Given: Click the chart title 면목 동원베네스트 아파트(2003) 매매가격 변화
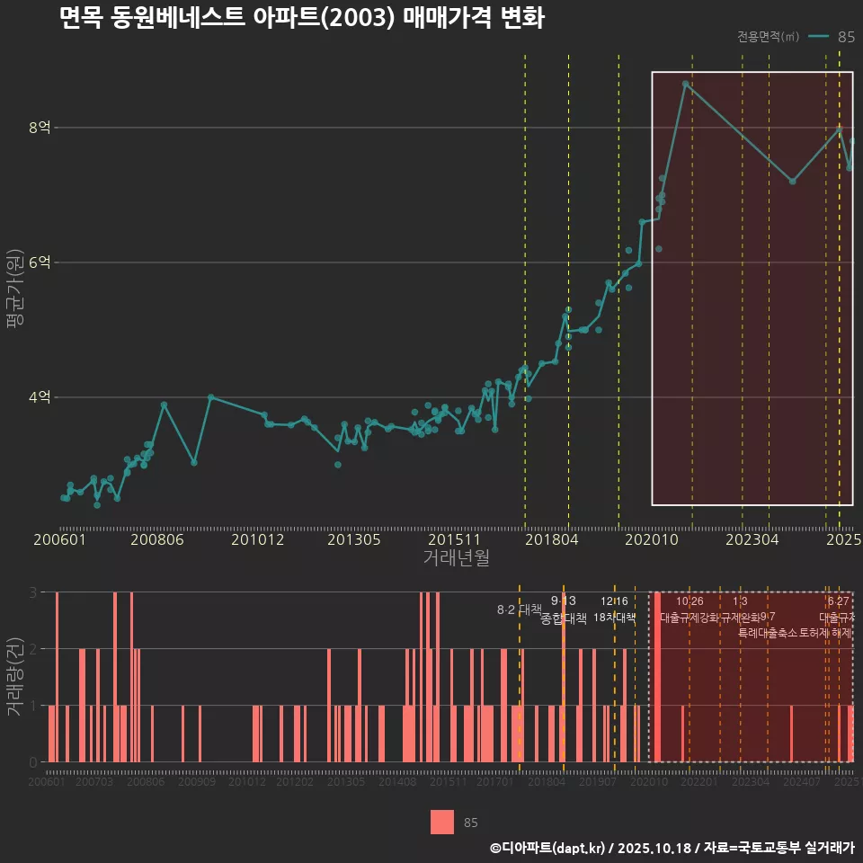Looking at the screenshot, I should pyautogui.click(x=301, y=18).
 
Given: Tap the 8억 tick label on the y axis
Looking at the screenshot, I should pyautogui.click(x=40, y=128).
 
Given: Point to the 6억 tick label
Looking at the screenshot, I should pyautogui.click(x=40, y=262).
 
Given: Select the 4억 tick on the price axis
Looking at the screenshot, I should pyautogui.click(x=40, y=397).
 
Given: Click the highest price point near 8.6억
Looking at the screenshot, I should pyautogui.click(x=685, y=84).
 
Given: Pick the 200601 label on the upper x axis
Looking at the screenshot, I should pyautogui.click(x=59, y=539).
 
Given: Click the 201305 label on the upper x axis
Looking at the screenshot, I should pyautogui.click(x=353, y=539).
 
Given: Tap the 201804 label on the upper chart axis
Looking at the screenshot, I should pyautogui.click(x=550, y=539).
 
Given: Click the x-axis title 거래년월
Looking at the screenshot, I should pyautogui.click(x=456, y=558).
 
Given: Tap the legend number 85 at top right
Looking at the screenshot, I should pyautogui.click(x=846, y=37).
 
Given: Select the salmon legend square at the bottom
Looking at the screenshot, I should pyautogui.click(x=442, y=822).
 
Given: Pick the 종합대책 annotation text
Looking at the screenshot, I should pyautogui.click(x=564, y=618).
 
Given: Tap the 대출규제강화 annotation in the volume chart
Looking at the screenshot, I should pyautogui.click(x=690, y=618).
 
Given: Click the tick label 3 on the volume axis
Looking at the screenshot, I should pyautogui.click(x=33, y=592).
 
